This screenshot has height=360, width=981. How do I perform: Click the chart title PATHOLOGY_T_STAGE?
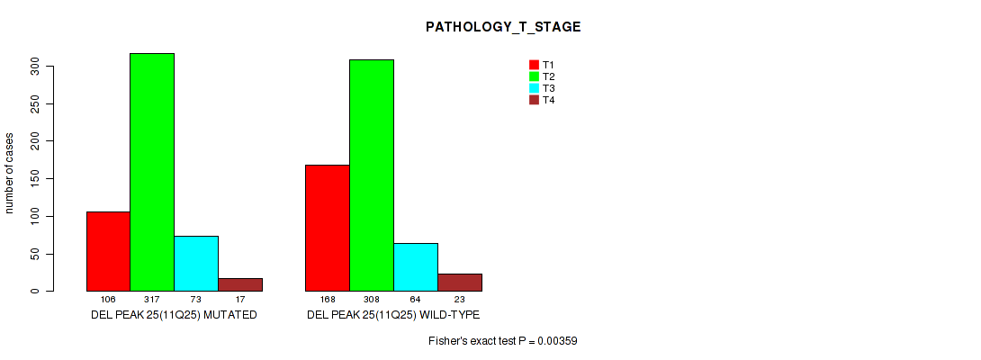click(x=503, y=27)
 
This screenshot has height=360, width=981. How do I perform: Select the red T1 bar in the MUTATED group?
click(x=108, y=251)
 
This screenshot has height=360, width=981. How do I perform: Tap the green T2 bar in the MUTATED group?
click(x=152, y=172)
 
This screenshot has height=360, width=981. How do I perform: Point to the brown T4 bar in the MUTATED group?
click(x=240, y=285)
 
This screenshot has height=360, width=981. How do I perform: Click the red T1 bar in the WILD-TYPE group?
click(x=328, y=228)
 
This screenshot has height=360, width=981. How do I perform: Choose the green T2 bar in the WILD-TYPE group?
click(x=372, y=175)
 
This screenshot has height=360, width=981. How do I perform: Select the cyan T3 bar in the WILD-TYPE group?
click(x=416, y=267)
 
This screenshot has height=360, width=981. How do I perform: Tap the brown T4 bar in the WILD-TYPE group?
click(x=460, y=283)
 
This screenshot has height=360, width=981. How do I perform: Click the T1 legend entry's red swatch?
click(x=534, y=65)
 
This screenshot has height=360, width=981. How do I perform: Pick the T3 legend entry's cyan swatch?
click(x=534, y=88)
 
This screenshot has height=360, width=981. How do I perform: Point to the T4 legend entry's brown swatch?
click(x=534, y=100)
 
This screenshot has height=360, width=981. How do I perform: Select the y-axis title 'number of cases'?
click(x=9, y=173)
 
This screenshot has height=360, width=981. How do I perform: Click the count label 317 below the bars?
click(x=152, y=300)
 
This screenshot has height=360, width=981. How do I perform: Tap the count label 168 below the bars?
click(x=328, y=300)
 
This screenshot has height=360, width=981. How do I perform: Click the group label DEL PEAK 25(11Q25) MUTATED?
click(x=174, y=314)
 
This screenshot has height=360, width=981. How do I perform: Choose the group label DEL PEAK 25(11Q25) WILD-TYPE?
click(x=393, y=314)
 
